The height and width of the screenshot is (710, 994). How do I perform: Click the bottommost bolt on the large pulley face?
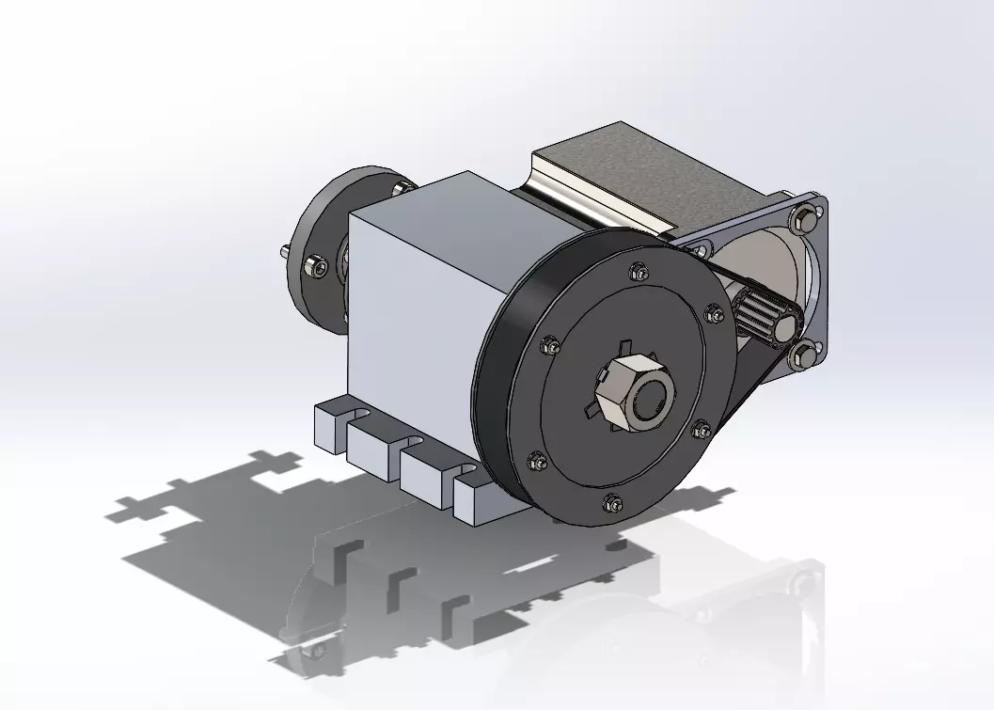point(613,501)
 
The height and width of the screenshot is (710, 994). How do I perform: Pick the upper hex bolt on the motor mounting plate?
point(806,222)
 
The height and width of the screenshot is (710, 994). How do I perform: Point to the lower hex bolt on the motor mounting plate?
point(806,355)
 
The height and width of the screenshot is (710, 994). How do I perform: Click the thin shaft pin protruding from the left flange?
point(283,251)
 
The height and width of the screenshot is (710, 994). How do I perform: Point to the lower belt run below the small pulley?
point(743,395)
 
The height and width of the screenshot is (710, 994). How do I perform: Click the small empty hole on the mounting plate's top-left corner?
point(700,249)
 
